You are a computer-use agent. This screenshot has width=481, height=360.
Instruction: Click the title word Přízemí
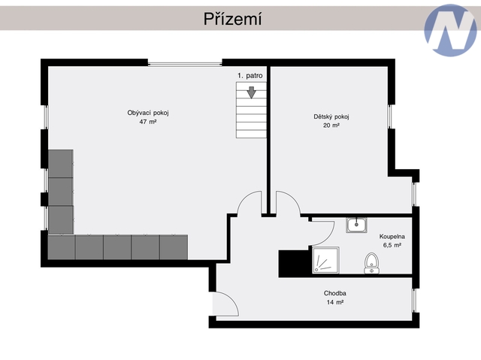pyautogui.click(x=232, y=19)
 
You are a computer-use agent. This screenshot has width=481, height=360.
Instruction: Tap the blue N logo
pyautogui.click(x=450, y=30)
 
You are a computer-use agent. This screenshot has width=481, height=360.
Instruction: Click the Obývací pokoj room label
pyautogui.click(x=148, y=113)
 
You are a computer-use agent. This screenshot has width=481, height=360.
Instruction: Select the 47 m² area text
pyautogui.click(x=148, y=122)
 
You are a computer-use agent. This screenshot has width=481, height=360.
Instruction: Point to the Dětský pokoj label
pyautogui.click(x=331, y=116)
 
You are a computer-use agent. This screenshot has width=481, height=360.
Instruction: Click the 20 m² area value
pyautogui.click(x=331, y=126)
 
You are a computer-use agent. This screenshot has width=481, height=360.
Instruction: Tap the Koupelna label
pyautogui.click(x=392, y=237)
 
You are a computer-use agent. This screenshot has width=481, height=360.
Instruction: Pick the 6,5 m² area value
pyautogui.click(x=392, y=245)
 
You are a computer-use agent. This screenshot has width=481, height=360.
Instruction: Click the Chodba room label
pyautogui.click(x=335, y=293)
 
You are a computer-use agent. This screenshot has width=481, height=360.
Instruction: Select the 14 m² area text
pyautogui.click(x=335, y=302)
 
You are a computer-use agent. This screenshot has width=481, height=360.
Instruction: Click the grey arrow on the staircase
pyautogui.click(x=252, y=92)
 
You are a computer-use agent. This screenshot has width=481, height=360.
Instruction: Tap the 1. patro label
pyautogui.click(x=250, y=76)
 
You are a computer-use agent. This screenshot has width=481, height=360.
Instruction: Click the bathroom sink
pyautogui.click(x=356, y=225)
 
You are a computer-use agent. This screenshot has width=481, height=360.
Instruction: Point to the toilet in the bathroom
pyautogui.click(x=371, y=263)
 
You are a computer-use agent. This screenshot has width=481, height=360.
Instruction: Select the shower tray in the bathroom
pyautogui.click(x=325, y=260)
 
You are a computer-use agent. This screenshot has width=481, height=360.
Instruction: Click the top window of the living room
pyautogui.click(x=185, y=65)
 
